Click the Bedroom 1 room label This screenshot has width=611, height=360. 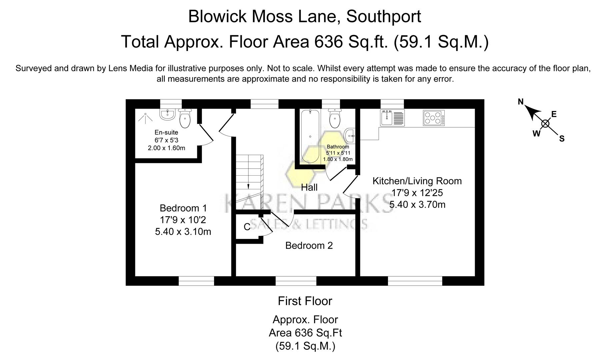(x=183, y=208)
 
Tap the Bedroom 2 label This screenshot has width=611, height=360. (x=309, y=246)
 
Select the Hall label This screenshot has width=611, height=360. (x=309, y=187)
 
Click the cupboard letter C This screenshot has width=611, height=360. (x=247, y=227)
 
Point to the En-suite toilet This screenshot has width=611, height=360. (x=185, y=118)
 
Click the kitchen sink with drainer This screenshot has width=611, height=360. (x=392, y=118)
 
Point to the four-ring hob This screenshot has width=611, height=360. (x=434, y=118)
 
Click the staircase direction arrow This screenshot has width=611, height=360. (x=248, y=187)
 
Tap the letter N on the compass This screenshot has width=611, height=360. (x=521, y=102)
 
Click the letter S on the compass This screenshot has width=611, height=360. (x=562, y=139)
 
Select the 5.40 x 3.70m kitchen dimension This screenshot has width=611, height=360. (x=417, y=204)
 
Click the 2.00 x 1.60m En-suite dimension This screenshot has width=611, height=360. (x=166, y=148)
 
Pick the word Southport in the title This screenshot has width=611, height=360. (x=384, y=16)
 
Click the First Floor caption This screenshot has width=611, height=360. (x=305, y=301)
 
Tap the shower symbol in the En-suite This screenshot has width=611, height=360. (x=146, y=117)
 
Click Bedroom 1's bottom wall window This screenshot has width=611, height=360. (x=196, y=281)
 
